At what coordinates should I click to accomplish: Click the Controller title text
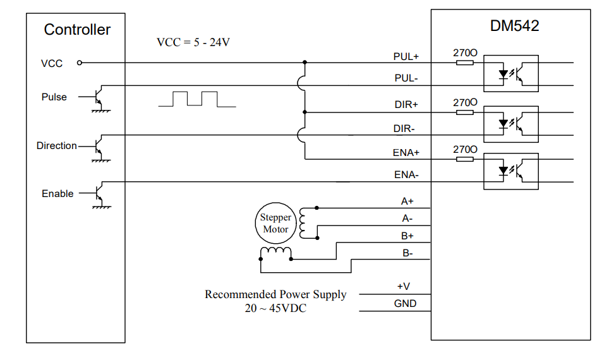(x=77, y=30)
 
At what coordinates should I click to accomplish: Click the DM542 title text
(x=515, y=27)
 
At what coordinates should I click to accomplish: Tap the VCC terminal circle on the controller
(x=80, y=63)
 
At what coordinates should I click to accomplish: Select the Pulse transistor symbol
(x=99, y=98)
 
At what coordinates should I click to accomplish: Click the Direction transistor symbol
(x=99, y=147)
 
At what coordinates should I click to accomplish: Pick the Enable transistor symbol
(x=99, y=194)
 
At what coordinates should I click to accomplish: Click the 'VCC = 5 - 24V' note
(x=193, y=42)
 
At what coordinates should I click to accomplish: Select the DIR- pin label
(x=404, y=128)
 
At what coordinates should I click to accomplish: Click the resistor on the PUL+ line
(x=465, y=63)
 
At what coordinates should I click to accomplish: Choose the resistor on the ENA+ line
(x=465, y=159)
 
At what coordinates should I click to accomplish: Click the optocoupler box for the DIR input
(x=510, y=123)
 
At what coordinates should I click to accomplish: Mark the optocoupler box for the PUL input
(x=510, y=74)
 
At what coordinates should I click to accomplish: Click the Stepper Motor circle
(x=275, y=224)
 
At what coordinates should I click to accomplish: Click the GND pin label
(x=405, y=304)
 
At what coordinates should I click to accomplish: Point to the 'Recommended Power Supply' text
(x=275, y=294)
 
